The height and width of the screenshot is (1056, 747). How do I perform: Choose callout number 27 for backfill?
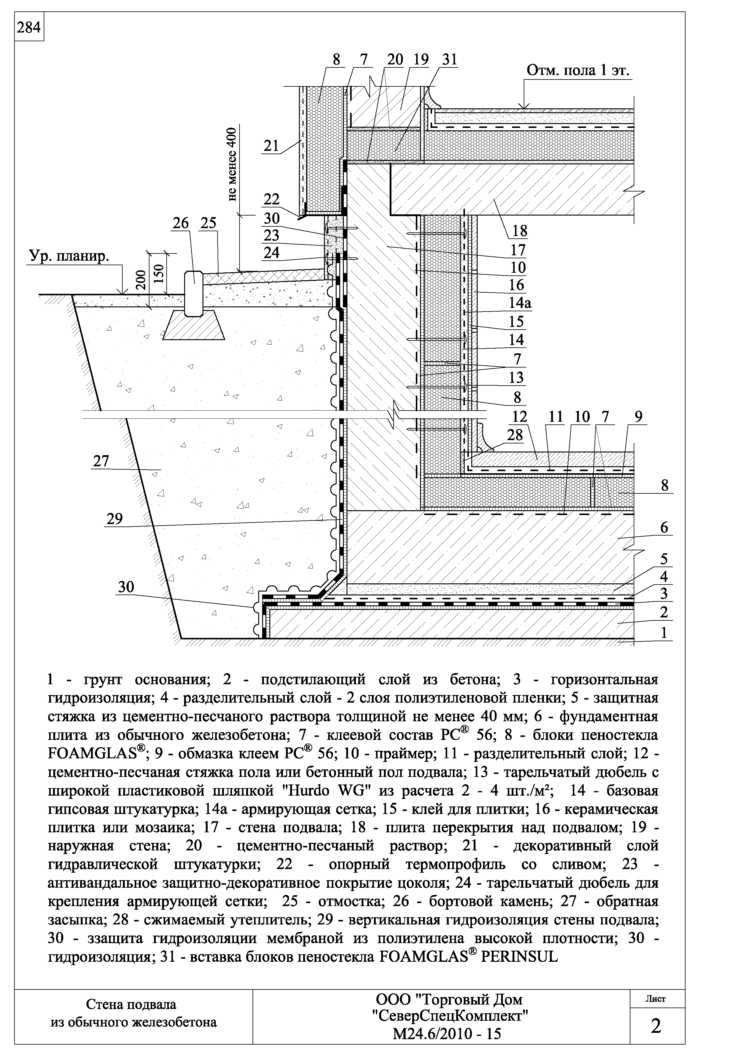(101, 461)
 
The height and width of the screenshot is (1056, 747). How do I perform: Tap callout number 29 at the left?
(115, 519)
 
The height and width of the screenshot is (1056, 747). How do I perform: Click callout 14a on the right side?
(519, 303)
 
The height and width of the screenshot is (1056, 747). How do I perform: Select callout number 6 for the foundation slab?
(664, 527)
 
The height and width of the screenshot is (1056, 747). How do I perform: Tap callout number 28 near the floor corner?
(515, 435)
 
